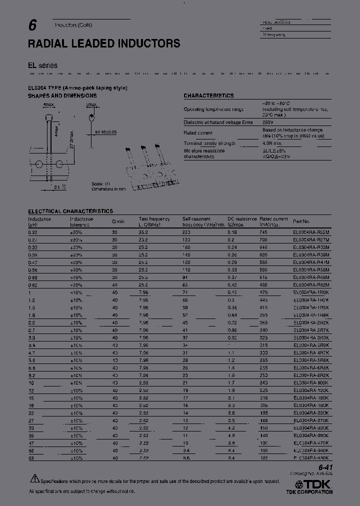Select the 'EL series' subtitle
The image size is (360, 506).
[x=42, y=65]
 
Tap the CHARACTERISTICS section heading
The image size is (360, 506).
[x=208, y=95]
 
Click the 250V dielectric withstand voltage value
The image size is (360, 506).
[x=268, y=122]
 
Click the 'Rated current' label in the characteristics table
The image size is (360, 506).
[x=198, y=133]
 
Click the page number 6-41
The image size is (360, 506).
[x=324, y=467]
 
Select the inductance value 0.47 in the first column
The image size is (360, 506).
[x=33, y=261]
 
